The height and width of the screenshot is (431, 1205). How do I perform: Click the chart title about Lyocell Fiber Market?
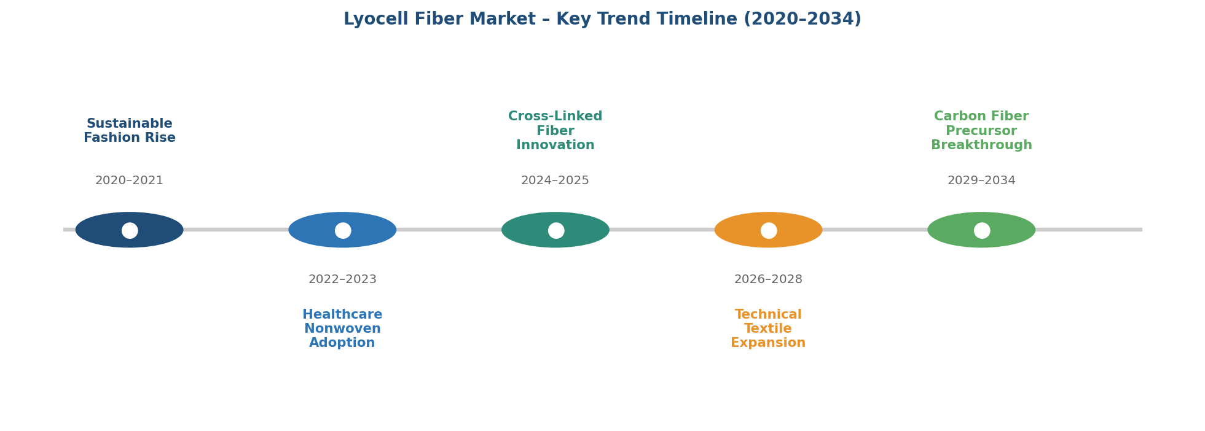[x=602, y=20]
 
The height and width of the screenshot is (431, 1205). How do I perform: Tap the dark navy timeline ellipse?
[x=130, y=230]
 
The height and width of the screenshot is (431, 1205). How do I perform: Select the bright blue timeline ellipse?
[x=342, y=230]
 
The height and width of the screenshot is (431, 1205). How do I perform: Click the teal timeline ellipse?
[x=555, y=230]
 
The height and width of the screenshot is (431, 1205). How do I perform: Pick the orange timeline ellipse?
[x=768, y=230]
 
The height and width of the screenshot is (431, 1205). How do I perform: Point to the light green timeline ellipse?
[x=981, y=230]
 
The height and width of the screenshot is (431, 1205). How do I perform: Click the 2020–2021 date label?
[x=130, y=181]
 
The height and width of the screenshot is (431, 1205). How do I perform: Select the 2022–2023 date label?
[x=342, y=279]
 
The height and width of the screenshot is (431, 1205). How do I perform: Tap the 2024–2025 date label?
[x=555, y=181]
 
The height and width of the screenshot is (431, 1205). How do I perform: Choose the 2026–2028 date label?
[x=768, y=279]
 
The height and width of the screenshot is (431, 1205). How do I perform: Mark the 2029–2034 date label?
[x=981, y=181]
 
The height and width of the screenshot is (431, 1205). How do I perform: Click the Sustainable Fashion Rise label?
[x=130, y=131]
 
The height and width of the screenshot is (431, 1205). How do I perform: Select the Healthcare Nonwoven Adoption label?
[x=342, y=329]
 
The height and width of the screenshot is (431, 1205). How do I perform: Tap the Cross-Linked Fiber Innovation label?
[x=555, y=131]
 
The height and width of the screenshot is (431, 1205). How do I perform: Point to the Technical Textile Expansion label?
[x=768, y=329]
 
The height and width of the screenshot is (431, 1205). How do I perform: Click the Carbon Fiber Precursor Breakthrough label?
[x=981, y=131]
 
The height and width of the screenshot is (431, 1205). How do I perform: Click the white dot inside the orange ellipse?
[x=769, y=230]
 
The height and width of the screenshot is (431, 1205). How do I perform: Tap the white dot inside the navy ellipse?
[x=130, y=230]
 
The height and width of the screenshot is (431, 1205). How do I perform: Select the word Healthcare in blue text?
[x=342, y=315]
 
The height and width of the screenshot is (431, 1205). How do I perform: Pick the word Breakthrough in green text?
[x=981, y=146]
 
